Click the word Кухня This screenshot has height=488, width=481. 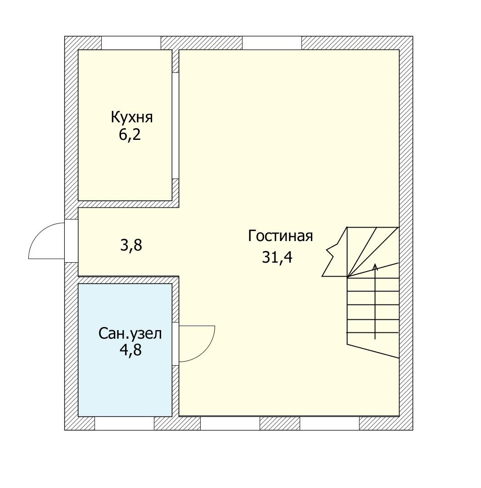(132, 118)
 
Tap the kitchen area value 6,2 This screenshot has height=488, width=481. (130, 135)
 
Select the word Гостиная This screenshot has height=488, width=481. (280, 236)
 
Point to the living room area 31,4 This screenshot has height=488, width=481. (277, 257)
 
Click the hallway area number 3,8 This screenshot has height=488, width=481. (131, 245)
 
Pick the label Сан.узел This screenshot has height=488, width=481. (130, 334)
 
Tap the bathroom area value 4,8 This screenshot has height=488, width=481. (131, 350)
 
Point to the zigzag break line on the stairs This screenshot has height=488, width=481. (335, 251)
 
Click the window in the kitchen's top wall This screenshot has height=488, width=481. (131, 43)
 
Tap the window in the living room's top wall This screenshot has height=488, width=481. (272, 43)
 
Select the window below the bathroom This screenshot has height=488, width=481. (124, 423)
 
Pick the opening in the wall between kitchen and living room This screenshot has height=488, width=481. (175, 126)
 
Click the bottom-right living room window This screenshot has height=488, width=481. (330, 423)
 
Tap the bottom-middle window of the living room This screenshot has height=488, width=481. (230, 423)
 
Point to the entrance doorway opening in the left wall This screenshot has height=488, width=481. (71, 241)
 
